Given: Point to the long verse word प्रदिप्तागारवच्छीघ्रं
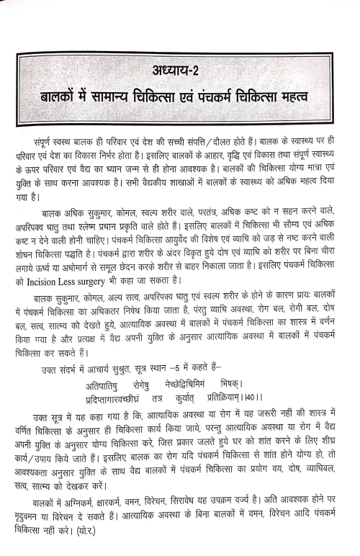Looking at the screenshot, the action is point(109,395).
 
